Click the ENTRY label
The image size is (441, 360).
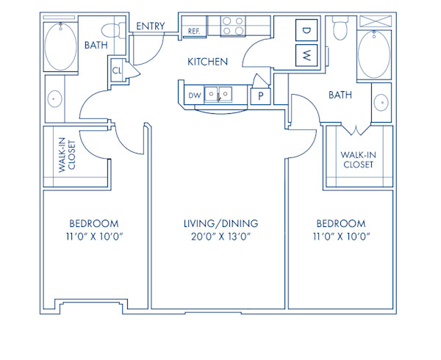tap(151, 27)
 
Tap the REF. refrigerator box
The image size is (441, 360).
tap(195, 31)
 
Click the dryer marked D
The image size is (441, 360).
tap(305, 30)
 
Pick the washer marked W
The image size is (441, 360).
tap(305, 54)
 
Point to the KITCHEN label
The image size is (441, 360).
tap(207, 62)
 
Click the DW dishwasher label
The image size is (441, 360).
tap(194, 95)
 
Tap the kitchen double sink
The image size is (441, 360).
tap(218, 94)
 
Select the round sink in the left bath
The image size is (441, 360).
tap(54, 98)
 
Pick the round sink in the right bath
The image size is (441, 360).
tap(381, 102)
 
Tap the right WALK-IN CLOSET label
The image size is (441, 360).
tap(358, 159)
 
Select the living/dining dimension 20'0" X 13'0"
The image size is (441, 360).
tap(221, 237)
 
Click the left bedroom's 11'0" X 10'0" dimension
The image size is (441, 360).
tap(93, 237)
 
